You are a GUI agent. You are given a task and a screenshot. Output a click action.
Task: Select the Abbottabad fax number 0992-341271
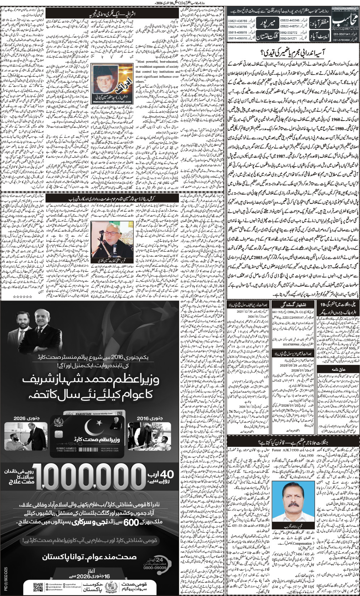click(x=289, y=38)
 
